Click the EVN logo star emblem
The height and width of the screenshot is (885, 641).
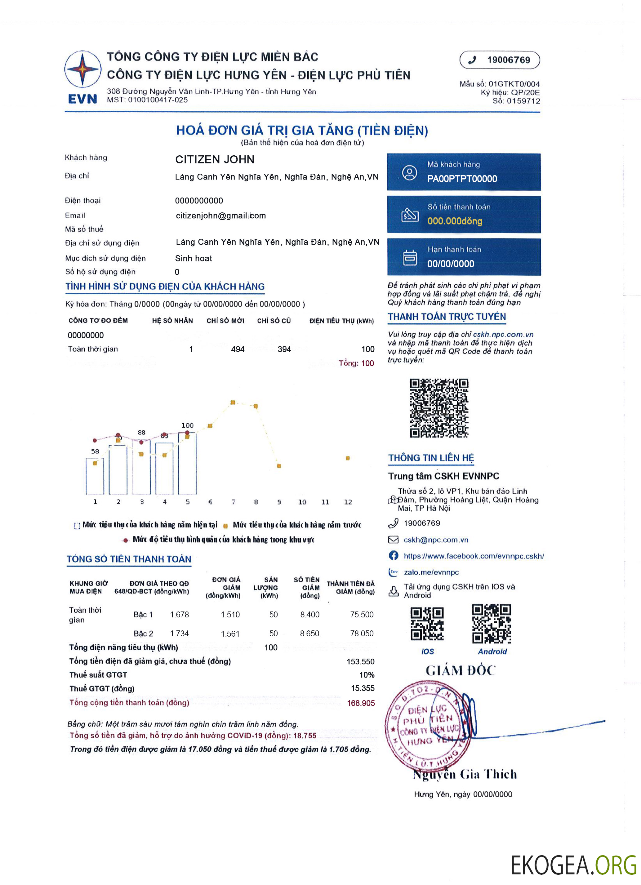coord(82,69)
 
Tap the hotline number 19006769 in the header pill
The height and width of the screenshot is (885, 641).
coord(508,60)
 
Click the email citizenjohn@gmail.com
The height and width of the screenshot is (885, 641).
coord(220,216)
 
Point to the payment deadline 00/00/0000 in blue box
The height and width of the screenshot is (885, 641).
coord(451,264)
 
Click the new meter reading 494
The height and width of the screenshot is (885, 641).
coord(238,349)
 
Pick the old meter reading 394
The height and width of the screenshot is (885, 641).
coord(284,349)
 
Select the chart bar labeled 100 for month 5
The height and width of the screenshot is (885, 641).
coord(187,464)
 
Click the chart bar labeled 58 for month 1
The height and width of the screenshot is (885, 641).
coord(95,477)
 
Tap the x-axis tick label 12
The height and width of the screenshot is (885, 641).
coord(348,502)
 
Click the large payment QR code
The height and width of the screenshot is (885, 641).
coord(439,408)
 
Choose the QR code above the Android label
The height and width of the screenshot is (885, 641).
coord(492,624)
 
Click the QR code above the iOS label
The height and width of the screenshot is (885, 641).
coord(427,624)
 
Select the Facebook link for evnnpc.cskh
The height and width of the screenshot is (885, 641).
coord(474,556)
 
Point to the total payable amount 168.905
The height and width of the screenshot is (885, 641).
coord(360,703)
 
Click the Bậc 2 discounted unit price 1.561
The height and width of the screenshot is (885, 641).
coord(230,634)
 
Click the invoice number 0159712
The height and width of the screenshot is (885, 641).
coord(523,101)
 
